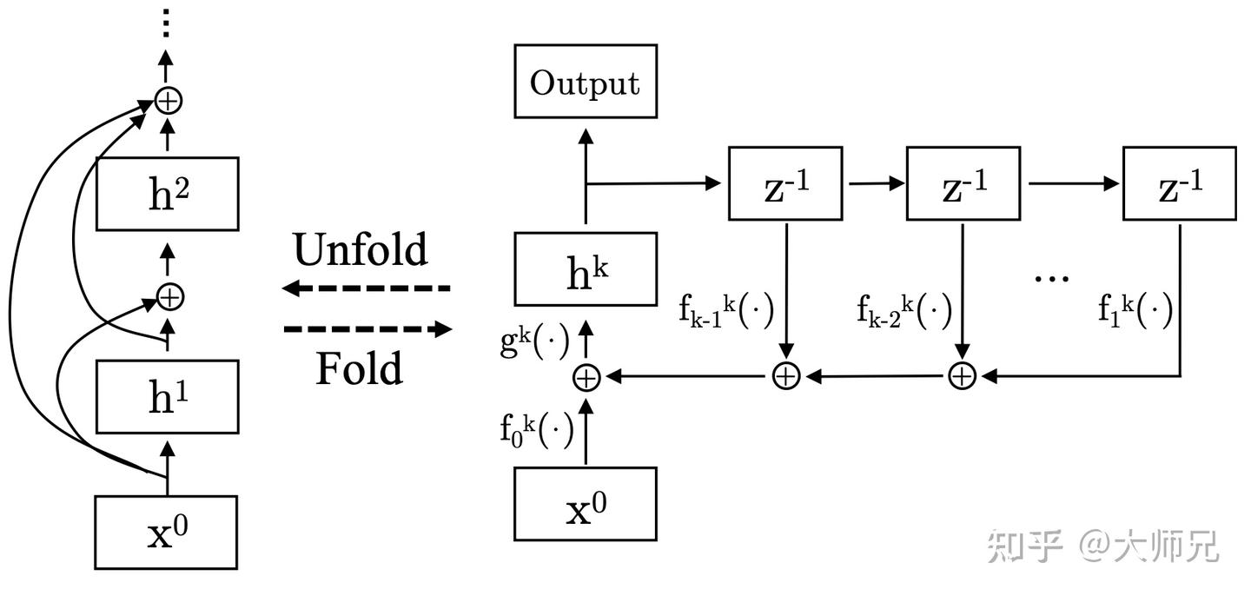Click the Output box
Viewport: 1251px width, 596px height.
point(585,83)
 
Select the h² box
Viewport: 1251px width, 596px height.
point(168,193)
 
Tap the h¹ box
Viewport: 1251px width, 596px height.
point(168,397)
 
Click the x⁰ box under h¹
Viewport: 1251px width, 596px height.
point(166,532)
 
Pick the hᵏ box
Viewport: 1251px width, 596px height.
point(585,269)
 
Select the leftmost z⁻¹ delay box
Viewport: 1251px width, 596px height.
point(785,183)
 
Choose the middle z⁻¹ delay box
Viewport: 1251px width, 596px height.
point(963,183)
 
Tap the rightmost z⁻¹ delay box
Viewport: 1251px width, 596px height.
point(1179,183)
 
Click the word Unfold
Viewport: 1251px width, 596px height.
point(361,250)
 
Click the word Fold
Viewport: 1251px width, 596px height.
point(359,368)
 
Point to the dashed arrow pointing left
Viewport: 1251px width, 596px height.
point(367,288)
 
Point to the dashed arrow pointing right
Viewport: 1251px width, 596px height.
point(367,329)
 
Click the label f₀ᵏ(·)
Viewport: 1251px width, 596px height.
point(536,431)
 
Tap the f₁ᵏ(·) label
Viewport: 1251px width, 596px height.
point(1135,308)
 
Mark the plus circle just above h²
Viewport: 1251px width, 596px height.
point(169,101)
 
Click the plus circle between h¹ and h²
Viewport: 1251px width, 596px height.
point(169,297)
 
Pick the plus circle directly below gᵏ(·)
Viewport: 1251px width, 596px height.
point(586,377)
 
